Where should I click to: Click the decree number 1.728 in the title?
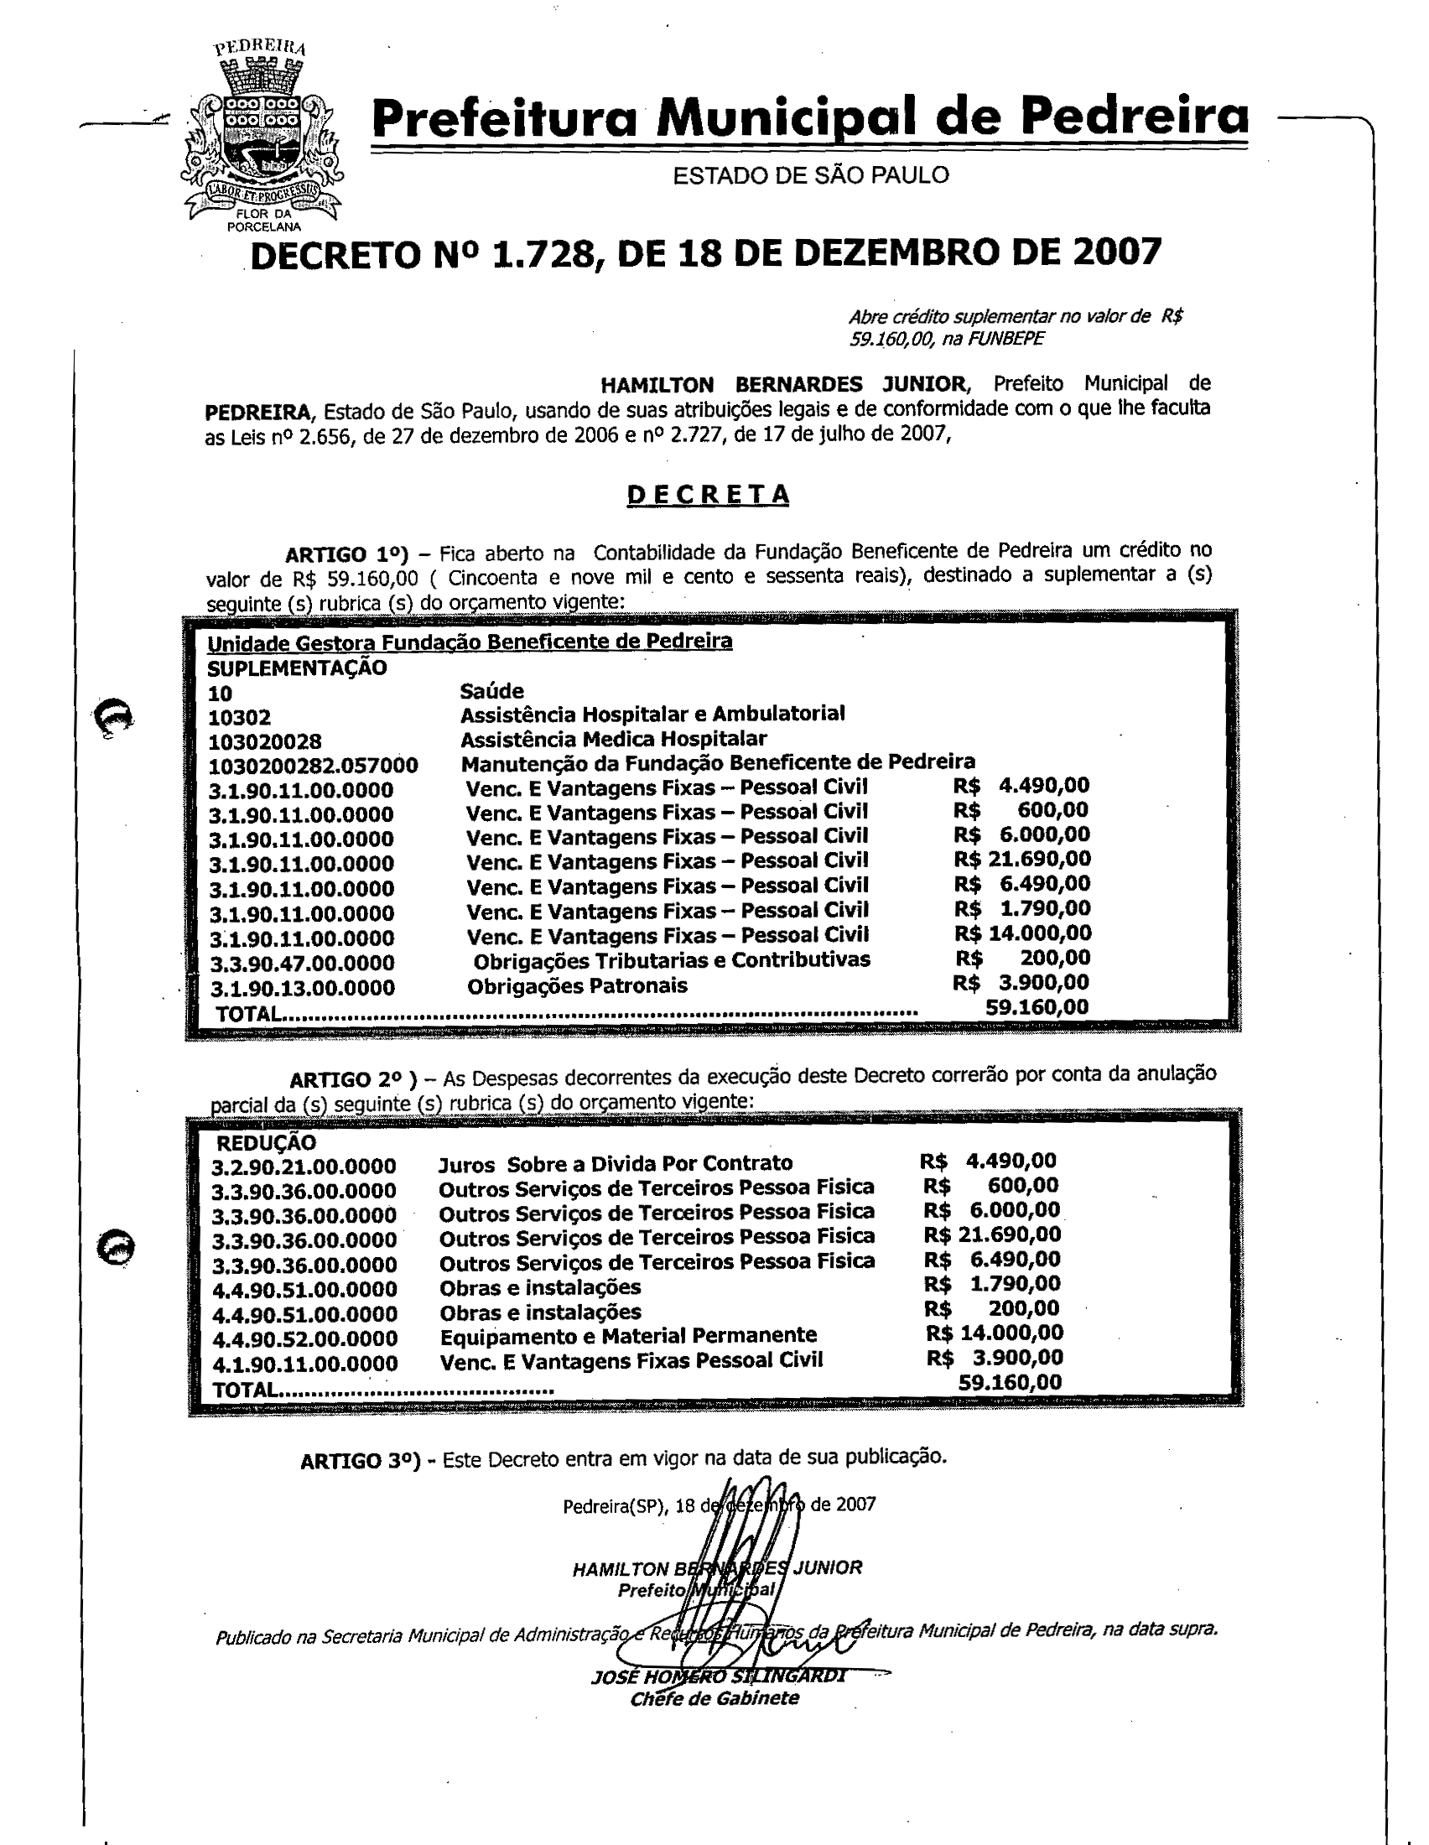[x=542, y=253]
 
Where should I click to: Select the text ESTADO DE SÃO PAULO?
[x=810, y=176]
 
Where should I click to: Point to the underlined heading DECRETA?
[x=708, y=495]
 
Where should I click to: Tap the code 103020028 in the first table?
[x=264, y=741]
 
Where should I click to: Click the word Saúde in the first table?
[x=491, y=691]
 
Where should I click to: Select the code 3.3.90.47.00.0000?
[x=302, y=963]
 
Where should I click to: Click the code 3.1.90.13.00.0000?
[x=302, y=988]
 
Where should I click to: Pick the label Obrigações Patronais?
[x=577, y=986]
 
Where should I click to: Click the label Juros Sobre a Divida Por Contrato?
[x=615, y=1164]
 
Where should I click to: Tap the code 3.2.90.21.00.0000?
[x=304, y=1167]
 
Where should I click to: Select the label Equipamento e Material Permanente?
[x=627, y=1336]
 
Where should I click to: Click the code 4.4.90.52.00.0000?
[x=304, y=1339]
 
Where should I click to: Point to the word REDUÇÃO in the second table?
[x=266, y=1143]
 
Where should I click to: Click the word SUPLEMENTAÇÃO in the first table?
[x=296, y=668]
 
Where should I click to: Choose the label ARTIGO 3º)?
[x=360, y=1462]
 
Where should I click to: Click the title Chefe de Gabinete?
[x=714, y=1698]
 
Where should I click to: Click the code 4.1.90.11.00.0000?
[x=304, y=1364]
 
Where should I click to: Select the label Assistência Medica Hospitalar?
[x=613, y=739]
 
